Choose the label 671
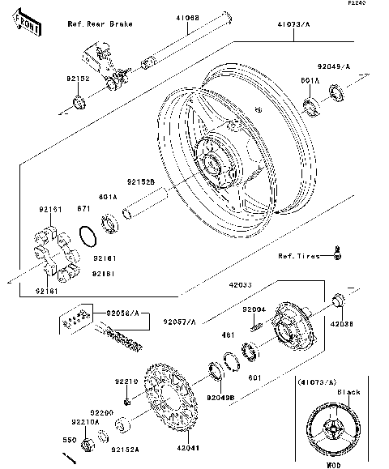83,209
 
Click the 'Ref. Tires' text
299,257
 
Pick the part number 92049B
220,399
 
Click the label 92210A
86,422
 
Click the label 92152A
124,450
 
